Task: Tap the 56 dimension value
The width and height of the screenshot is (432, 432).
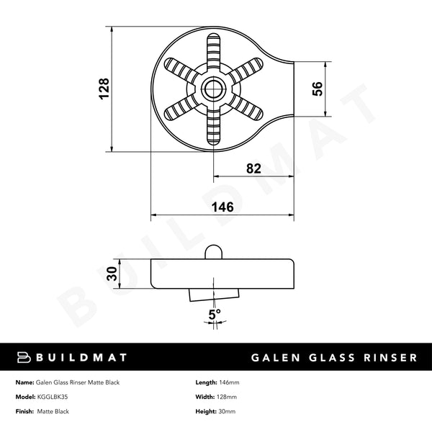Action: coord(316,89)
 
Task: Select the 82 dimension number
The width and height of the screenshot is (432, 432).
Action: coord(253,168)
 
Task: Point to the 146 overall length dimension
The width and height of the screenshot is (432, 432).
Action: coord(222,207)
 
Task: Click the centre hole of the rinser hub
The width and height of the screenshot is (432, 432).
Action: coord(213,89)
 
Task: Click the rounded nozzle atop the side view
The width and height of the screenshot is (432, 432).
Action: coord(213,251)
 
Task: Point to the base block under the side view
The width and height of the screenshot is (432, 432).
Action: coord(213,294)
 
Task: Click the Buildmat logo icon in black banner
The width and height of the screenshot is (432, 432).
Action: coord(23,357)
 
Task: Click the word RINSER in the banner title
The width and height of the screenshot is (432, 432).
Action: coord(387,357)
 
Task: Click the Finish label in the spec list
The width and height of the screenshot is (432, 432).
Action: coord(24,412)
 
